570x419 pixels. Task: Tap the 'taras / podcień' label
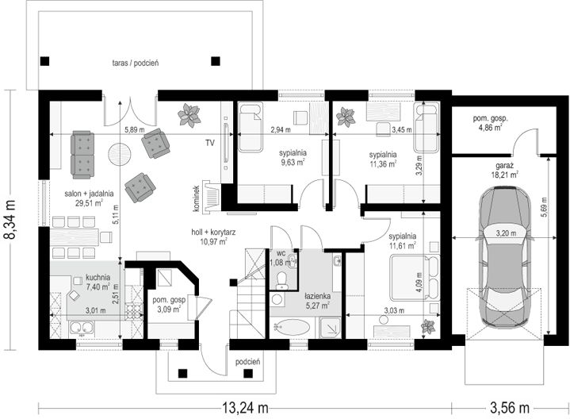[136, 63]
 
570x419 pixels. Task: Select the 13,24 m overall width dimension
[246, 408]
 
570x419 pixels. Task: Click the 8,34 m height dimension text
[10, 220]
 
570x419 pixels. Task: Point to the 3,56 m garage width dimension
[510, 408]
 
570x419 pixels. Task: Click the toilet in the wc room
[281, 280]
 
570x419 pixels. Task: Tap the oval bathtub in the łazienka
[293, 327]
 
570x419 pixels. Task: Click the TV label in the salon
[209, 143]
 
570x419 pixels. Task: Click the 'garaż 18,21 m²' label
[503, 171]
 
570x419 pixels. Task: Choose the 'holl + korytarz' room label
[213, 232]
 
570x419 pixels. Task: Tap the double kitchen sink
[82, 328]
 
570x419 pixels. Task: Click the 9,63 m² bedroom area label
[293, 163]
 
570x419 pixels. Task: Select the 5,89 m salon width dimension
[135, 129]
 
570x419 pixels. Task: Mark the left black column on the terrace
[44, 61]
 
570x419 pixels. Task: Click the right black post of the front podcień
[248, 373]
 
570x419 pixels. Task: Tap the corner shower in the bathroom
[330, 328]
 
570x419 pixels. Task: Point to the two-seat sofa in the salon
[83, 155]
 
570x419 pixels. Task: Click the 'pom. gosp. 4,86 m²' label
[490, 123]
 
